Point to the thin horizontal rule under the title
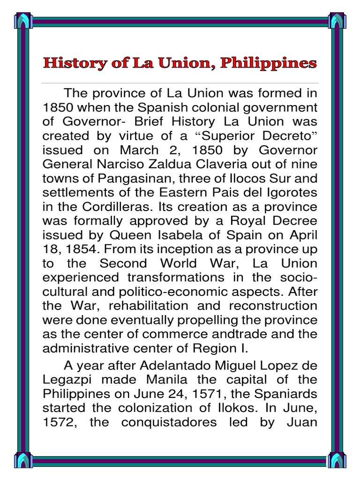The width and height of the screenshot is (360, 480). [180, 83]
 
